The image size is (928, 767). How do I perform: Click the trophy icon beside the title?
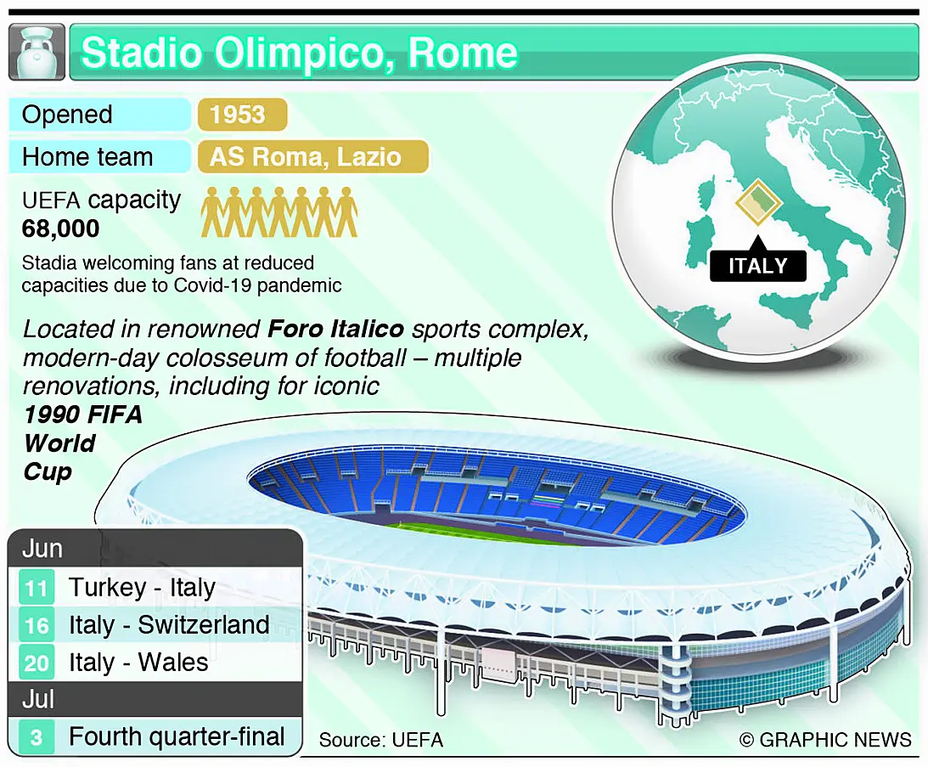click(37, 52)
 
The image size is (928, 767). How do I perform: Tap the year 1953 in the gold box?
click(238, 115)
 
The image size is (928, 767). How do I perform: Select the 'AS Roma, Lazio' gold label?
click(306, 157)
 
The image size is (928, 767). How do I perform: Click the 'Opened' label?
click(67, 115)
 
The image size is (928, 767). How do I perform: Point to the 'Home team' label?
click(87, 157)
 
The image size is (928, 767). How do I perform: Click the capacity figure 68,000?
click(60, 228)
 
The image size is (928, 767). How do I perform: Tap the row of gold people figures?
click(279, 212)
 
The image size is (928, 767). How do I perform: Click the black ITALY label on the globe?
click(758, 265)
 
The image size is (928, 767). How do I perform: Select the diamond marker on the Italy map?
click(758, 202)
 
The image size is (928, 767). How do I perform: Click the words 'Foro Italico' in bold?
click(336, 329)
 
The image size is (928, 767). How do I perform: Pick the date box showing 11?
click(37, 588)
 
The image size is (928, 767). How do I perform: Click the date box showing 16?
click(37, 625)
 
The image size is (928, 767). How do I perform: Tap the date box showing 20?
click(37, 663)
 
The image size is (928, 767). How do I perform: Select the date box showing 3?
click(37, 737)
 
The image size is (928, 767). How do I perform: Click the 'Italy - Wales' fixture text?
click(138, 663)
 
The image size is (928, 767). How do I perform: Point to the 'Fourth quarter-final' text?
click(177, 736)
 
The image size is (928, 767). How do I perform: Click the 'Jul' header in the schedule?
click(38, 700)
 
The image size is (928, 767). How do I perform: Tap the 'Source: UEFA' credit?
click(381, 740)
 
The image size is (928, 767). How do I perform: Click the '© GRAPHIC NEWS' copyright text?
click(825, 740)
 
